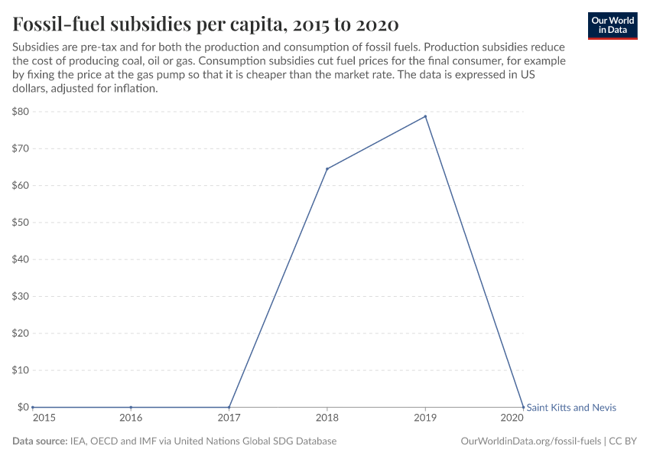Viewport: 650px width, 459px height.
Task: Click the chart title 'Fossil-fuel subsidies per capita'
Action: [x=205, y=24]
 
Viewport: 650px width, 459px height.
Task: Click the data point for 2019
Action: [x=425, y=116]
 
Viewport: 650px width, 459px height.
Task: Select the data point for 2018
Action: [x=327, y=169]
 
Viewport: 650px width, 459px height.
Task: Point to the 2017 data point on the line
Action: [x=229, y=407]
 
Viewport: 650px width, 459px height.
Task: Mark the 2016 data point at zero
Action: [x=131, y=407]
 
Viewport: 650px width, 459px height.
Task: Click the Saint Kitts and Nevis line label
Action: [x=571, y=408]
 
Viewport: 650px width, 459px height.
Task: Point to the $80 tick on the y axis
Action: [x=21, y=112]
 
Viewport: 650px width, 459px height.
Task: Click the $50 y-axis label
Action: [x=21, y=223]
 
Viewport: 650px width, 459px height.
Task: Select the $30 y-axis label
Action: [x=21, y=296]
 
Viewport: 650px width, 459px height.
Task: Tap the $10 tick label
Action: [x=21, y=370]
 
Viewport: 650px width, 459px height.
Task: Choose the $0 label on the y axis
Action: [x=23, y=407]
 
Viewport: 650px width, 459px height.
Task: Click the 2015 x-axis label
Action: [x=43, y=419]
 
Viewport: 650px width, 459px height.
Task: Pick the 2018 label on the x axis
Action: [x=327, y=419]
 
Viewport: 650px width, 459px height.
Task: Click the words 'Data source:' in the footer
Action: [x=40, y=441]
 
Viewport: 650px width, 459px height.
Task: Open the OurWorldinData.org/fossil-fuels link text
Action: [x=531, y=441]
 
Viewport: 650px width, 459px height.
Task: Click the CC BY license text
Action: [x=623, y=441]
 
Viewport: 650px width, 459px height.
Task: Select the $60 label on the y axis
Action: [x=21, y=186]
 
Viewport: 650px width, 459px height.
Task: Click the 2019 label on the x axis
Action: [x=425, y=419]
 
